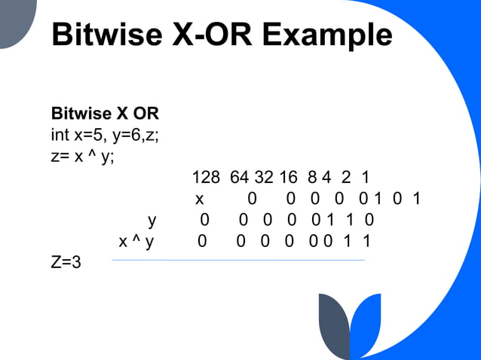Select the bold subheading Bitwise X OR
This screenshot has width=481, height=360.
[105, 114]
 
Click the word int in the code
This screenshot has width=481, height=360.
[60, 136]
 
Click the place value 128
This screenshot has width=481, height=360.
[206, 178]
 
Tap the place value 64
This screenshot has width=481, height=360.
[239, 178]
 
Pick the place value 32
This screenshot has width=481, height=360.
[264, 178]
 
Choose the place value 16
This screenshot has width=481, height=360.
[288, 178]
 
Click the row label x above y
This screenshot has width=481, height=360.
[200, 200]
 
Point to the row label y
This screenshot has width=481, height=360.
[152, 221]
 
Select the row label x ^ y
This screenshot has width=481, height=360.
[136, 242]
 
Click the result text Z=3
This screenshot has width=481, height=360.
[66, 263]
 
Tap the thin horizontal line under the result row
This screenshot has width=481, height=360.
[237, 261]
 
